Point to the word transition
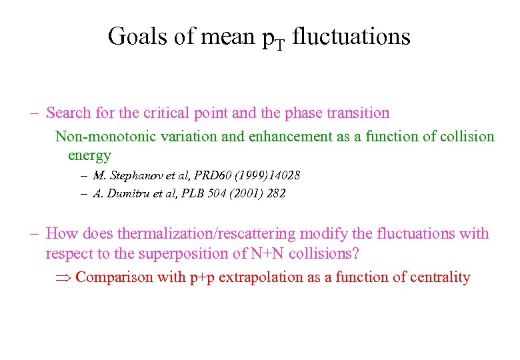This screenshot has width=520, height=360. coord(359,113)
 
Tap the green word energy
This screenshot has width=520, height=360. coord(89,155)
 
